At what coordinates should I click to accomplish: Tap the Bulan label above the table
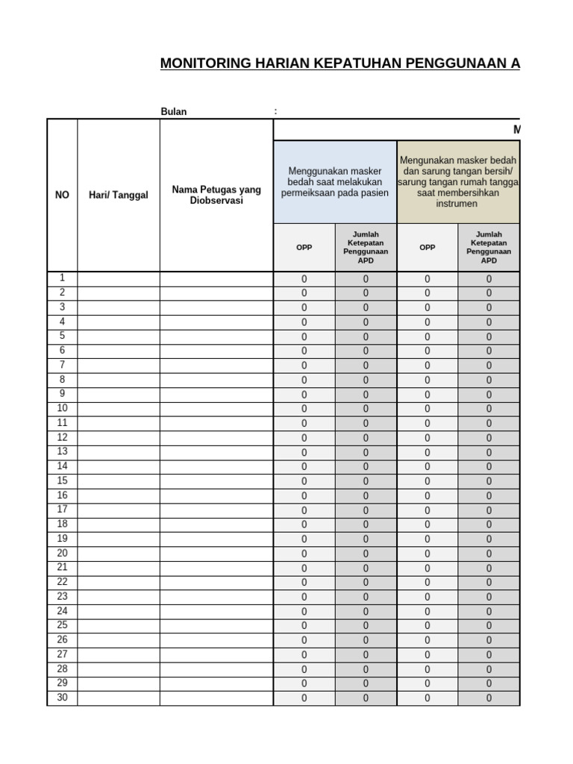click(174, 112)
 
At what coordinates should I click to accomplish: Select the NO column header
click(62, 195)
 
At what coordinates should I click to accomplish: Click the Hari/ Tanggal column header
click(119, 195)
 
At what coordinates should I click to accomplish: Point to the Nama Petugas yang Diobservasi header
click(216, 195)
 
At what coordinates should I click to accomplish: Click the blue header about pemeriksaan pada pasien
click(335, 182)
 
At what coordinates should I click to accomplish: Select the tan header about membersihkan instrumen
click(458, 182)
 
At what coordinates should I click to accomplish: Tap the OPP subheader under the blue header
click(304, 248)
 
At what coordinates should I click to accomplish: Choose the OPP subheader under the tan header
click(428, 248)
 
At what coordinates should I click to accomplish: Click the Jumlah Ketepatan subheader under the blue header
click(366, 248)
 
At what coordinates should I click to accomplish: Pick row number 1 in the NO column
click(62, 278)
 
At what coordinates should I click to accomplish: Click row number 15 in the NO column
click(62, 480)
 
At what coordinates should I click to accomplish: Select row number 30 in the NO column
click(62, 698)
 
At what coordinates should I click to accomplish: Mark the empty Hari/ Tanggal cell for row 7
click(119, 366)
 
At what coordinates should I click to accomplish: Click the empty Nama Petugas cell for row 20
click(216, 554)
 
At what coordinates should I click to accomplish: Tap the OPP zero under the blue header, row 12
click(304, 438)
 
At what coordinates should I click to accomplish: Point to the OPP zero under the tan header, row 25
click(428, 626)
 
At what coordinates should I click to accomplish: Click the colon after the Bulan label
click(275, 112)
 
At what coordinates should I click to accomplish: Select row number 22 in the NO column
click(62, 582)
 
